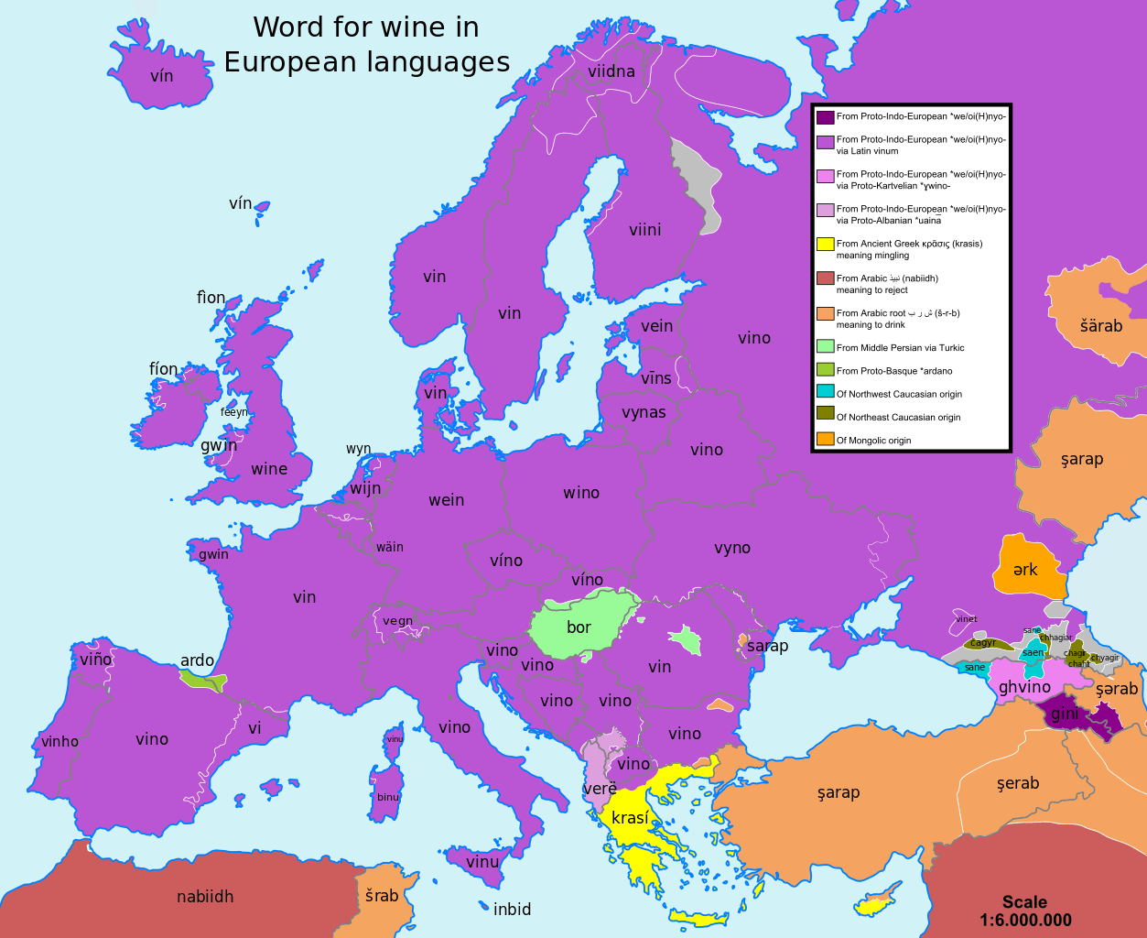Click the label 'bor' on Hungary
click(579, 627)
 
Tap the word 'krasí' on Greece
click(630, 818)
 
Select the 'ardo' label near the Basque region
click(197, 660)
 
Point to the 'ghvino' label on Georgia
click(1024, 687)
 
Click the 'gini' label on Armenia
click(1064, 714)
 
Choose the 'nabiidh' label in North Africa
click(205, 897)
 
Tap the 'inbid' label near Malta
click(512, 910)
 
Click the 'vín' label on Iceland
click(161, 76)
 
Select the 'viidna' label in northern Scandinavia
click(611, 71)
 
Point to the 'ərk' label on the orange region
click(1025, 570)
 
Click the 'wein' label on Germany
click(447, 500)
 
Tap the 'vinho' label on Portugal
click(60, 742)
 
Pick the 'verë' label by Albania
click(600, 789)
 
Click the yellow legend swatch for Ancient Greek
click(825, 244)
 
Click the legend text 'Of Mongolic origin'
click(873, 441)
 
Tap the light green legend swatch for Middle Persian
click(825, 346)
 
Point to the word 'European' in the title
click(290, 61)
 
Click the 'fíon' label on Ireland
click(164, 369)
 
